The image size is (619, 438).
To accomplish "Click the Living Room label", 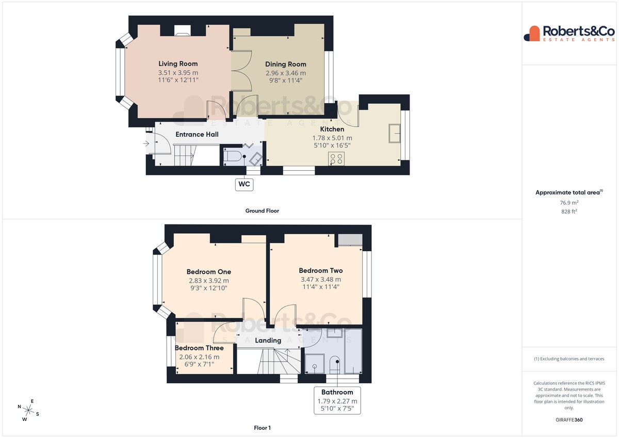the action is [x=178, y=63].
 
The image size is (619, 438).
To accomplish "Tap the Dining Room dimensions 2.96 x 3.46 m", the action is [x=286, y=73].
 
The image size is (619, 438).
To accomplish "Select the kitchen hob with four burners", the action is [x=336, y=158].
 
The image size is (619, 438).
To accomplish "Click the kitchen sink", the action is [x=394, y=133].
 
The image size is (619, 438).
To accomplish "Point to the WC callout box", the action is [x=245, y=184].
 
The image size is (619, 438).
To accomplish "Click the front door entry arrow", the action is [x=146, y=143].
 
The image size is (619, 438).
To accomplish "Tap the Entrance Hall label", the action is [x=197, y=135].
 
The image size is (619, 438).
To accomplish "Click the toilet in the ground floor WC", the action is [x=232, y=157].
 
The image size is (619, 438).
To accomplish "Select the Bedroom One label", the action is [x=209, y=272].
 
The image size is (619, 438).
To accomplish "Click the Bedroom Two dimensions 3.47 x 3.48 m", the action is [x=321, y=280].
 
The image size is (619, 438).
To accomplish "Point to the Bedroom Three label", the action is [x=199, y=348].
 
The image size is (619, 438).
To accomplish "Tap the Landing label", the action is [x=268, y=340].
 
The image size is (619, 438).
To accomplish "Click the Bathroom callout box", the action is [x=337, y=400].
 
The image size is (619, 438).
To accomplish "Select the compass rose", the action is [x=28, y=410].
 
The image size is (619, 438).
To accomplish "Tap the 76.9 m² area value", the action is [x=569, y=203].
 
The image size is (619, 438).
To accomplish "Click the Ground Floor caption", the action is [x=262, y=211].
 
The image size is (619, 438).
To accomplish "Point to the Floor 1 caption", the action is [x=262, y=428].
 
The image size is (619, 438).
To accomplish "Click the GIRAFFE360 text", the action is [x=569, y=420].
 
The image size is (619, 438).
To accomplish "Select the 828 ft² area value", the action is [x=569, y=212].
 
